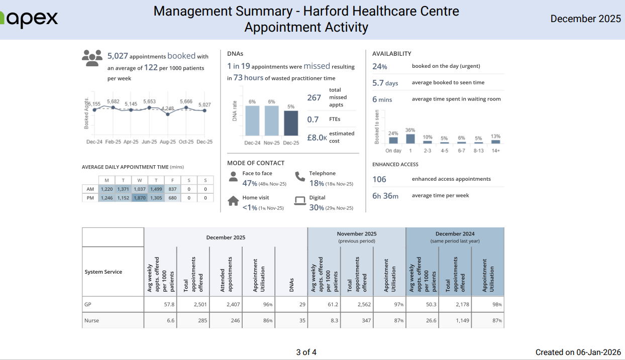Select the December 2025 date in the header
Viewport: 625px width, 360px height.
pos(586,19)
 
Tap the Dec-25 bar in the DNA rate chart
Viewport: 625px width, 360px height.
pos(291,123)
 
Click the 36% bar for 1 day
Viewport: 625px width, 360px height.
pos(410,139)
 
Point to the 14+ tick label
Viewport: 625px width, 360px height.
pos(495,151)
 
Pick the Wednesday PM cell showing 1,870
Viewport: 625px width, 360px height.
pos(140,198)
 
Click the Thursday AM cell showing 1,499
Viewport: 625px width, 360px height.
pos(156,189)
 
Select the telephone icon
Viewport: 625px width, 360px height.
pos(300,176)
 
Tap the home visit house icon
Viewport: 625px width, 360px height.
pos(233,201)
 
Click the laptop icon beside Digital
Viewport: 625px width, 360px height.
pos(300,201)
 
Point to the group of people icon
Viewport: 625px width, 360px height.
pos(92,58)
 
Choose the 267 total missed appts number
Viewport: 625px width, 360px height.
pos(314,98)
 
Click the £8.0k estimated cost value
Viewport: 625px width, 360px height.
pos(317,137)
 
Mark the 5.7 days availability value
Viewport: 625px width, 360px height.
pos(385,83)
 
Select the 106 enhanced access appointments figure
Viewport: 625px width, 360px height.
pos(379,179)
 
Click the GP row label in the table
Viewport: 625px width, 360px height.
pos(88,304)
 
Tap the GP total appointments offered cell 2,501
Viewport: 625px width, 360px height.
pos(193,304)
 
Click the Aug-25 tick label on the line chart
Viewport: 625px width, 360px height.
pos(167,142)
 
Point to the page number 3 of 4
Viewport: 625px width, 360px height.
pos(306,352)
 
